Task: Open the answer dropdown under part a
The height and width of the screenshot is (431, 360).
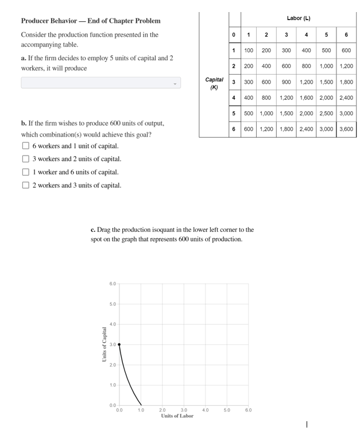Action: click(x=100, y=83)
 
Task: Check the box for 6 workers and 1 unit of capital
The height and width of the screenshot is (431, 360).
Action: click(x=25, y=146)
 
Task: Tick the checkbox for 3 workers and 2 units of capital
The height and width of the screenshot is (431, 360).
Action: click(x=25, y=159)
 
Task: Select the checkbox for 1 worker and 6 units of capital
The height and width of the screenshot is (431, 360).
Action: click(x=25, y=172)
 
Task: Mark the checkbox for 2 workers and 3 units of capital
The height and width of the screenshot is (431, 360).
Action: click(x=25, y=185)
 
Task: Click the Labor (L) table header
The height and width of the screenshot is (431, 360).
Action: click(x=298, y=18)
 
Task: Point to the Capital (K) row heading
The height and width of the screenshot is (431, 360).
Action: click(x=214, y=83)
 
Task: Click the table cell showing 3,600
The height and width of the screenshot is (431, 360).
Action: click(x=346, y=129)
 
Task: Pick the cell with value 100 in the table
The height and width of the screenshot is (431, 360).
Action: click(x=249, y=51)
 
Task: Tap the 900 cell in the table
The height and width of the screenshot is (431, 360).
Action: click(x=286, y=82)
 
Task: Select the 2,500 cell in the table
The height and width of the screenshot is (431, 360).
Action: click(x=326, y=114)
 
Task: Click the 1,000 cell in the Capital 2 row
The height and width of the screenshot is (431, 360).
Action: click(x=326, y=66)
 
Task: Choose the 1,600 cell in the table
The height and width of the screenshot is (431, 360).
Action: click(x=306, y=98)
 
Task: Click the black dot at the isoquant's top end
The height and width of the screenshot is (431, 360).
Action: click(x=119, y=344)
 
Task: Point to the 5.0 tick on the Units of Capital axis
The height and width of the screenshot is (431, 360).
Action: click(x=113, y=304)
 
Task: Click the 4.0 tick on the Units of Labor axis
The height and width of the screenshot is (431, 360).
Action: click(x=205, y=410)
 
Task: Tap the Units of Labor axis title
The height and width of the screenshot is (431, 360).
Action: click(x=177, y=416)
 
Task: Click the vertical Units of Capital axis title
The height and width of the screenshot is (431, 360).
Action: click(x=104, y=344)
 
